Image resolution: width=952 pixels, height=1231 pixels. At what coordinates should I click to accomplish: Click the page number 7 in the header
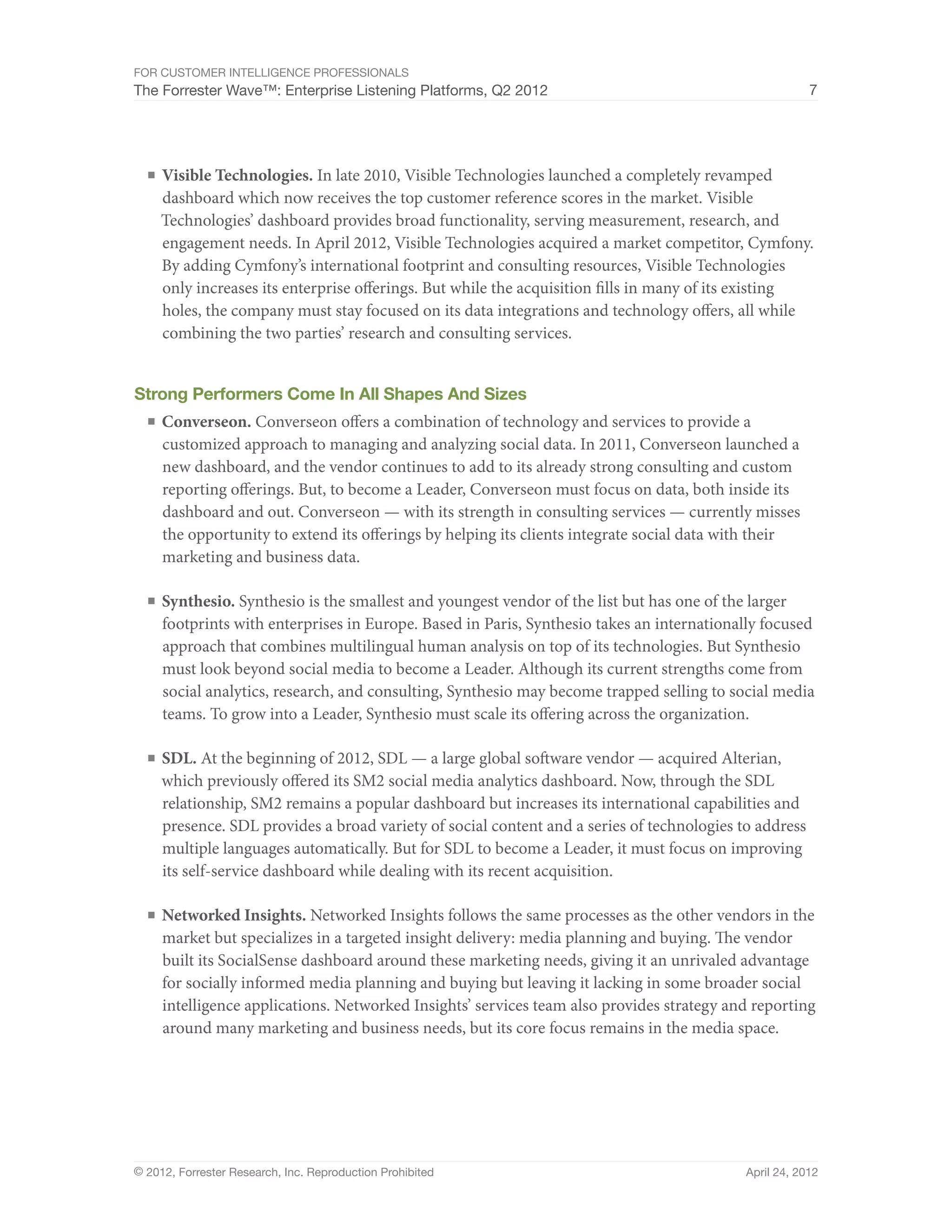[813, 90]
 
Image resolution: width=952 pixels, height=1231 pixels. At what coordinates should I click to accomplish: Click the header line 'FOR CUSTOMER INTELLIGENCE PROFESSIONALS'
[271, 73]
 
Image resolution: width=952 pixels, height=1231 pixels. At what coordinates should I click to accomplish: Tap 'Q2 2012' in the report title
[519, 91]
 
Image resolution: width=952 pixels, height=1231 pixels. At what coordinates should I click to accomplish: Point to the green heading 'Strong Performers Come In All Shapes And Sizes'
[330, 393]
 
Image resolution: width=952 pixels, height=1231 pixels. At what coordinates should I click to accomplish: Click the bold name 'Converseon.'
[206, 422]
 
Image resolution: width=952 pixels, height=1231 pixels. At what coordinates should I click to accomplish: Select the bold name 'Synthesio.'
[198, 602]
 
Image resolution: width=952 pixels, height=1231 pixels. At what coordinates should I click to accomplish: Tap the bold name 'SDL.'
[179, 758]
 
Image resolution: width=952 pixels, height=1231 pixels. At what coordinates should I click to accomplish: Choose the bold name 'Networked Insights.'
[233, 916]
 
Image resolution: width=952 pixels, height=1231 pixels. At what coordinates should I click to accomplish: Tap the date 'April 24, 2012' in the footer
[781, 1172]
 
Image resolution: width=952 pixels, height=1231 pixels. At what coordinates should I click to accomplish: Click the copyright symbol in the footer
[138, 1172]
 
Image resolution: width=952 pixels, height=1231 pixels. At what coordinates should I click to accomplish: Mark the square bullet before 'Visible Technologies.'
[151, 175]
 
